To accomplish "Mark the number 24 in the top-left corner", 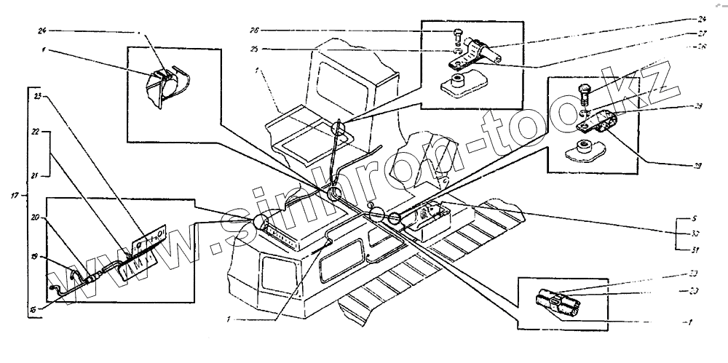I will pyautogui.click(x=41, y=31).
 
